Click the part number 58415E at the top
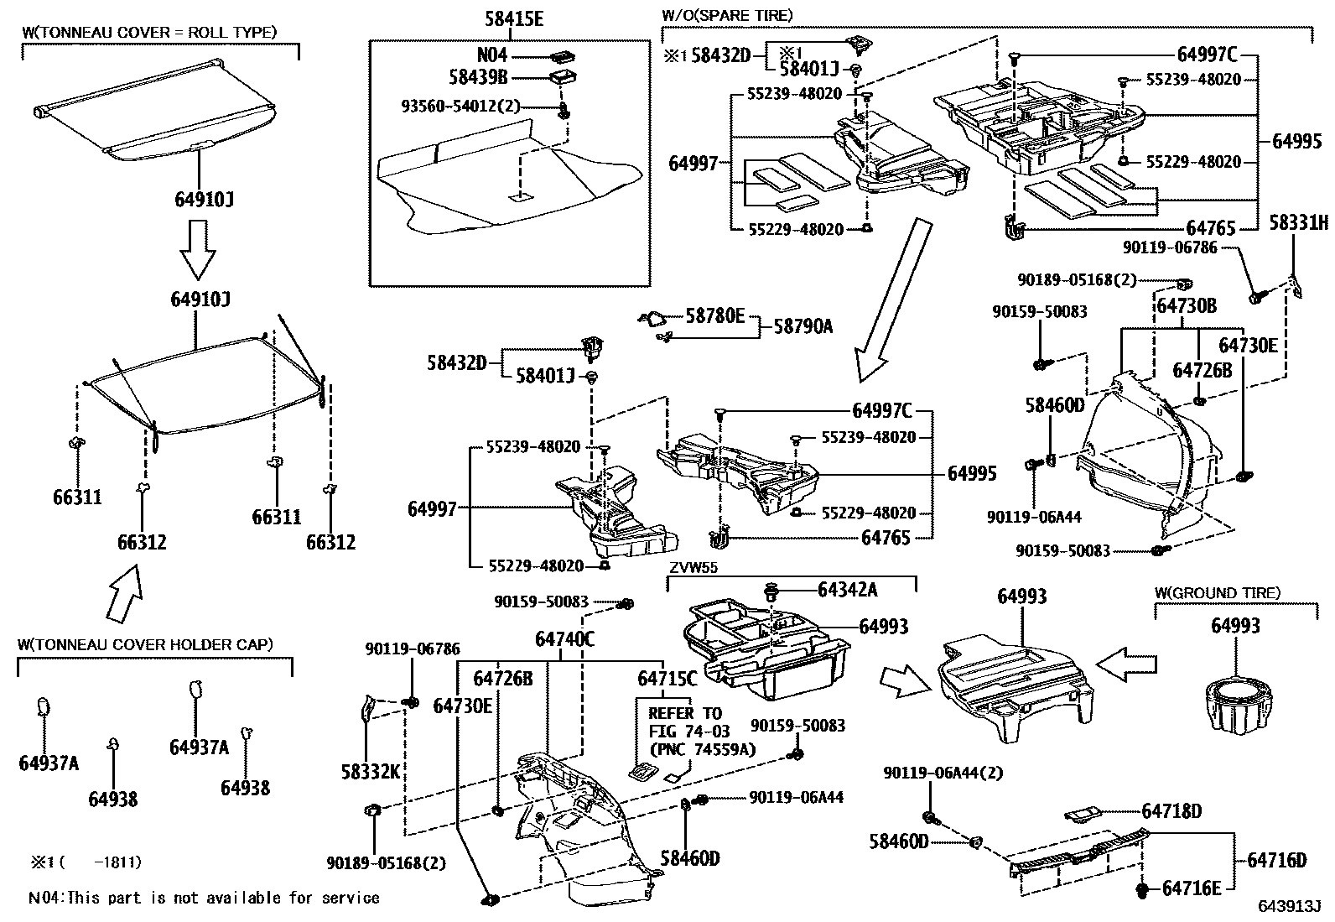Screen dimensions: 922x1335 pyautogui.click(x=513, y=18)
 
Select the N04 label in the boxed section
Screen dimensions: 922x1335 pyautogui.click(x=492, y=55)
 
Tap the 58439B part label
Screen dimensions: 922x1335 pyautogui.click(x=478, y=77)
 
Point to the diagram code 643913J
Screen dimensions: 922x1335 pyautogui.click(x=1288, y=906)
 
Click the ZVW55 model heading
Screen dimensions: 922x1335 pyautogui.click(x=693, y=568)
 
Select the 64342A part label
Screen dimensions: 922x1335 pyautogui.click(x=847, y=590)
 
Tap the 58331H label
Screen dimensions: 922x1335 pyautogui.click(x=1298, y=222)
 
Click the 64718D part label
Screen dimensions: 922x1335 pyautogui.click(x=1171, y=811)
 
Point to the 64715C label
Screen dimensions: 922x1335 pyautogui.click(x=667, y=677)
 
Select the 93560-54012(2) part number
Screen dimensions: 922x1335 pyautogui.click(x=460, y=107)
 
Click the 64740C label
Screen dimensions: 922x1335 pyautogui.click(x=564, y=639)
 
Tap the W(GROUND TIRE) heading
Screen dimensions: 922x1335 pyautogui.click(x=1217, y=593)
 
